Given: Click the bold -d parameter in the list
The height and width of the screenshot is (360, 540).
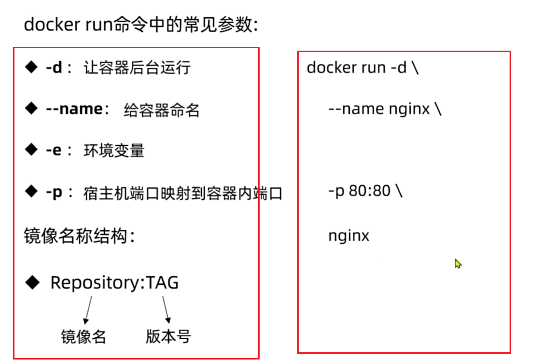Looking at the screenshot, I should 54,68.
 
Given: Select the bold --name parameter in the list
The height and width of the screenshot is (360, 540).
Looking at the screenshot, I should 74,109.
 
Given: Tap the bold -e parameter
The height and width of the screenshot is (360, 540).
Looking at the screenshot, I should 54,151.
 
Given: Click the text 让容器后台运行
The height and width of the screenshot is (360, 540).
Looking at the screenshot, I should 137,68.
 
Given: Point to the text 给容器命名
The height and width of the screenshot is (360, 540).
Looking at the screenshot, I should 162,110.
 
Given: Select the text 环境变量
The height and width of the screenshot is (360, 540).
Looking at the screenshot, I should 114,151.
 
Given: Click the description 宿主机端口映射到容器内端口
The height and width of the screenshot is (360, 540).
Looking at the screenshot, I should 182,194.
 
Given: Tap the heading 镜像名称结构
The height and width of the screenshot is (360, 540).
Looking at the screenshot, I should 75,236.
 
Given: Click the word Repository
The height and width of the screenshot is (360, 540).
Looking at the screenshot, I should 95,283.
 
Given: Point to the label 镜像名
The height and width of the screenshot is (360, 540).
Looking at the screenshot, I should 83,336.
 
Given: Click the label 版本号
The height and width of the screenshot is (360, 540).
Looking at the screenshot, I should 168,336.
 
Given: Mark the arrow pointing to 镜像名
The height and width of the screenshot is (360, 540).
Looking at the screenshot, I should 88,309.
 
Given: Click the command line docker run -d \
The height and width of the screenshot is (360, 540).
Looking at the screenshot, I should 362,68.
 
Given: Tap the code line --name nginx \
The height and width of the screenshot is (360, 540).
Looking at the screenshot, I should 384,109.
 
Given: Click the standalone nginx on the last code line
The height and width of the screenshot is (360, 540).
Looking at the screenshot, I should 348,236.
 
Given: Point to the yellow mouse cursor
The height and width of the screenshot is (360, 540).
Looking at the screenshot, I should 458,263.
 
